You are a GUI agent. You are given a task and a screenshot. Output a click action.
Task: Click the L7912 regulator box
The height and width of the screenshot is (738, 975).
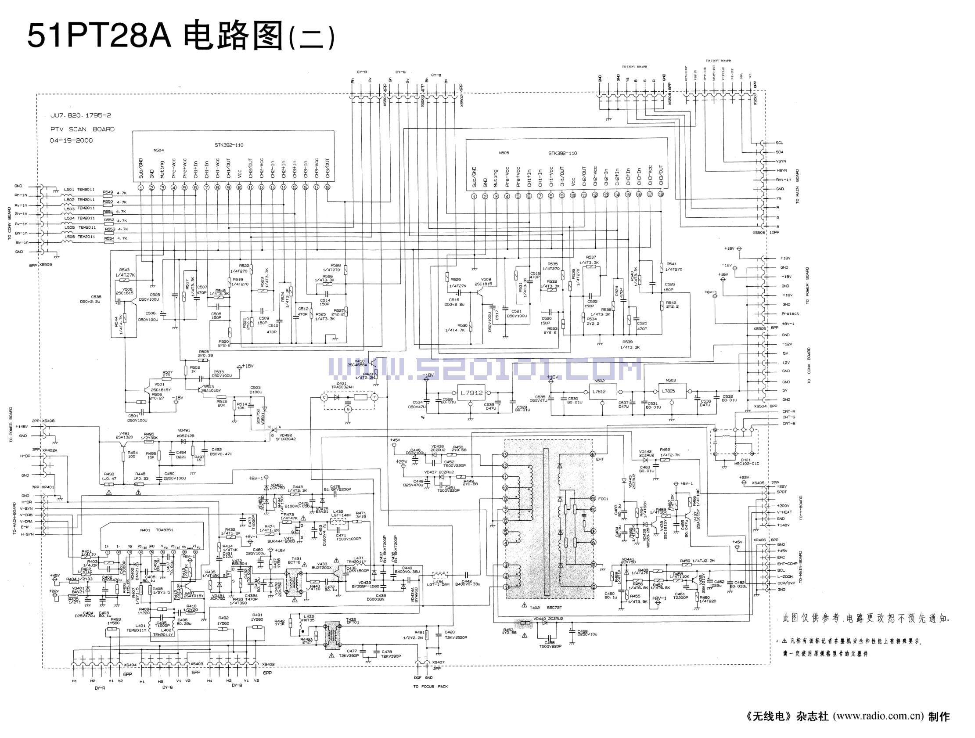471,393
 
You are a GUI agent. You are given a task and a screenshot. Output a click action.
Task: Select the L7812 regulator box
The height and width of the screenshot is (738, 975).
599,392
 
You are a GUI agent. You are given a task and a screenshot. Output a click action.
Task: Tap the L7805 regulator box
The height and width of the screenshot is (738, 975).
668,391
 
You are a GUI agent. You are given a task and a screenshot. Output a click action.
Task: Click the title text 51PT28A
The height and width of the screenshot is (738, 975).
99,36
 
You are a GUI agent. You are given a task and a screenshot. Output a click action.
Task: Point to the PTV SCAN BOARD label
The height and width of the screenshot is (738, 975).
82,129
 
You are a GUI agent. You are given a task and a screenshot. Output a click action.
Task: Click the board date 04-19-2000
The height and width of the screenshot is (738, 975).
71,140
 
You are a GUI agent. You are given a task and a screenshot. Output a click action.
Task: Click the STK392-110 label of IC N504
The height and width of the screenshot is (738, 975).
229,145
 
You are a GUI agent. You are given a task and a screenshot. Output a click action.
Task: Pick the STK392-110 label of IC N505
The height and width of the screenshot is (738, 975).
562,153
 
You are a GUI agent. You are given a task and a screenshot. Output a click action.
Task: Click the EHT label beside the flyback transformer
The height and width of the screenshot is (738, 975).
600,459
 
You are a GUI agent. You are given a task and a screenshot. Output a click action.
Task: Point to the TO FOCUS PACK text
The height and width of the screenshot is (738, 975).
430,687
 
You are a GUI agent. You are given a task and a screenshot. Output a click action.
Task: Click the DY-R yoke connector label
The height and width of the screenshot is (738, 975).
100,688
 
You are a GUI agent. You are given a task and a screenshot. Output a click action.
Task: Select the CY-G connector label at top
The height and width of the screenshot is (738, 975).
400,72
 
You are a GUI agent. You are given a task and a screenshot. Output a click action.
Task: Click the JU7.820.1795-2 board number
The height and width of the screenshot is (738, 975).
81,115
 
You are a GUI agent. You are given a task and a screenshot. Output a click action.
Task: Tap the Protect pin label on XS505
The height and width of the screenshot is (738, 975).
790,314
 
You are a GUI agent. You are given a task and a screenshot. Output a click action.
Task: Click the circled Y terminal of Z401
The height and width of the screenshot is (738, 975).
374,397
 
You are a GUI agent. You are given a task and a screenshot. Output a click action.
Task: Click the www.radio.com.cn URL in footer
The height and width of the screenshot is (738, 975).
878,716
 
